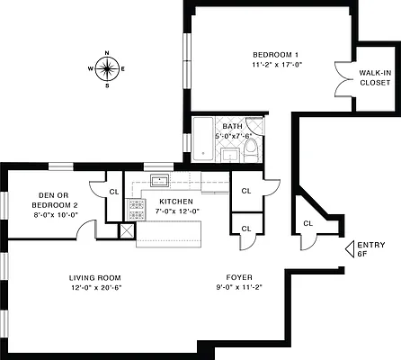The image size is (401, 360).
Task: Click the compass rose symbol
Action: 107,68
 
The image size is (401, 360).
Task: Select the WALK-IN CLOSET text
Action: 375,77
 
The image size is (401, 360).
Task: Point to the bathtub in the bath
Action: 204,139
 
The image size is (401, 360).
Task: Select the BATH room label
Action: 232,126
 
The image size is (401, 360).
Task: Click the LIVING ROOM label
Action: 95,277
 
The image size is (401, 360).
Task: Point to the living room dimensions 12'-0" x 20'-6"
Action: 95,288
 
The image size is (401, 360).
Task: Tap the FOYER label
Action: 239,277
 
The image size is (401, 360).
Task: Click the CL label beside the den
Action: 114,192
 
